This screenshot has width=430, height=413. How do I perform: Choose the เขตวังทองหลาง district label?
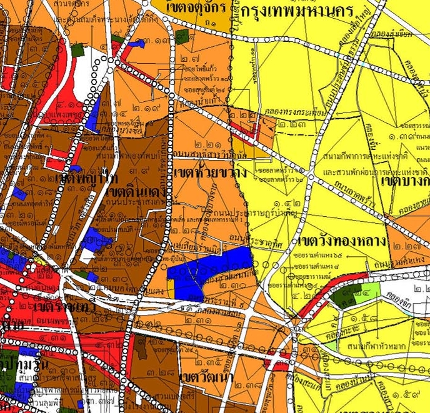334,241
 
